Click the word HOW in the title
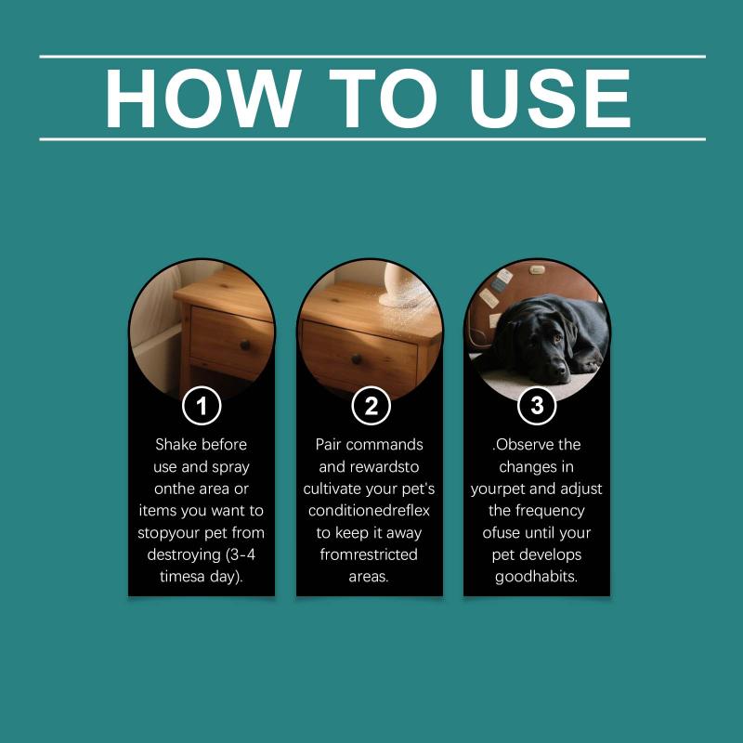tap(202, 98)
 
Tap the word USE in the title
tap(550, 98)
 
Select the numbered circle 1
tap(202, 406)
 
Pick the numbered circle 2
tap(371, 406)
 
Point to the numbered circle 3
tap(537, 406)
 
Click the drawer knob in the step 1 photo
tap(245, 345)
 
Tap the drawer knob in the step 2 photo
tap(358, 359)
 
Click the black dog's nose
tap(561, 366)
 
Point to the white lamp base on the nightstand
tap(403, 286)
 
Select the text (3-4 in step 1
tap(241, 554)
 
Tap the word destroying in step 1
tap(184, 554)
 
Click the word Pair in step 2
tap(328, 445)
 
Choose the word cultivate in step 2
tap(335, 489)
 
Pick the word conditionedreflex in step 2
tap(369, 511)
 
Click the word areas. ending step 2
tap(369, 577)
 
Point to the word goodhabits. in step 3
tap(537, 577)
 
